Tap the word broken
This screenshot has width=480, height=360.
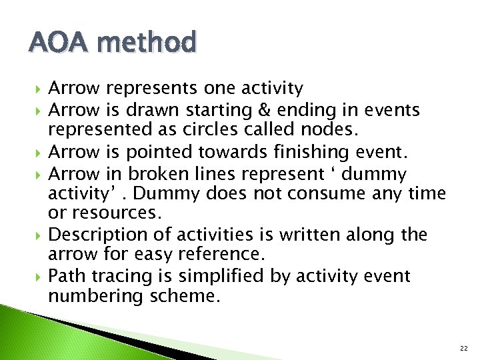(158, 174)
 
